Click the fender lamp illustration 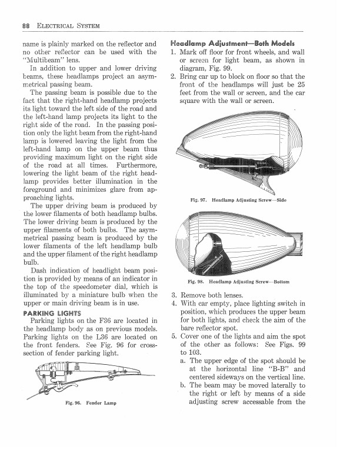click(x=88, y=377)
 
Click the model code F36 click(x=106, y=320)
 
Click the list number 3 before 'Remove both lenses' click(x=173, y=295)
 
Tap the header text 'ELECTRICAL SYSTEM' click(x=68, y=26)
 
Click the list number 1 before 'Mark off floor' click(x=173, y=52)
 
